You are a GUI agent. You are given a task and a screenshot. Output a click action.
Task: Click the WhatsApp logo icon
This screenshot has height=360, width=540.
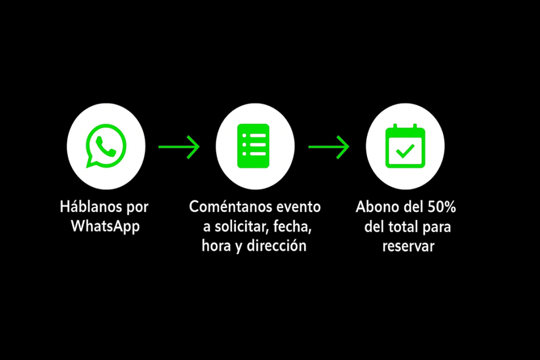[105, 146]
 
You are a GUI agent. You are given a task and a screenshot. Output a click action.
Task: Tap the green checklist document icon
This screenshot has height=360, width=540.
[254, 146]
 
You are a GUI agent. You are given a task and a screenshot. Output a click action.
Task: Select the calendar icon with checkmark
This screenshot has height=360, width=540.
[406, 146]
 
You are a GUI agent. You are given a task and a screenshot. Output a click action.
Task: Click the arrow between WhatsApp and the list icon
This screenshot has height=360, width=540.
[179, 147]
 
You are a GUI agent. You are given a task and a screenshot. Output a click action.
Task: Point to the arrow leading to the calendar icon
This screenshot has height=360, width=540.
[329, 147]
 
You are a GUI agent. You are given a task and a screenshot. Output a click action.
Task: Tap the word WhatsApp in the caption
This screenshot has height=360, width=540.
[105, 227]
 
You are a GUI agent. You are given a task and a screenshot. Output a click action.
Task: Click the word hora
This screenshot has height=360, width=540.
[216, 246]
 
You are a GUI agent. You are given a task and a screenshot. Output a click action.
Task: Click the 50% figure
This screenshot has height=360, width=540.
[441, 207]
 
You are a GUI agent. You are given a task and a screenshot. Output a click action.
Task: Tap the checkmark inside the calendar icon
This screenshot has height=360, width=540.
[405, 151]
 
